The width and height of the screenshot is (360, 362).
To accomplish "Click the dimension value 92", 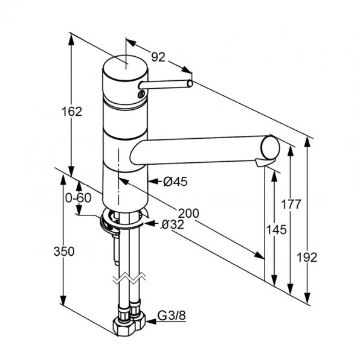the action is tap(158, 57).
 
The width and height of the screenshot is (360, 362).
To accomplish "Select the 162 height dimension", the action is tap(72, 112).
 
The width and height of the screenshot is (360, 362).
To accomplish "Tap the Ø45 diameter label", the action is tap(175, 182).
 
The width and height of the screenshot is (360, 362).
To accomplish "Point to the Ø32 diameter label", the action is tap(173, 224).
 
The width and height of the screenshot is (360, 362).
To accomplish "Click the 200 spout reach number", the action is tap(188, 214).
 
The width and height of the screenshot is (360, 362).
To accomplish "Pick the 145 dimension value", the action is tap(277, 230).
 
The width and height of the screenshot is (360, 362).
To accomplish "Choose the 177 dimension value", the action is tap(291, 204).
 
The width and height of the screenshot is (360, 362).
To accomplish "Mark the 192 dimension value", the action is tap(307, 257).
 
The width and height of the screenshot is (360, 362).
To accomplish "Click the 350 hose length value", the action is tap(64, 252).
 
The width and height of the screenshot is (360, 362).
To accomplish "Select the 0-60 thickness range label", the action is tap(79, 198).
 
